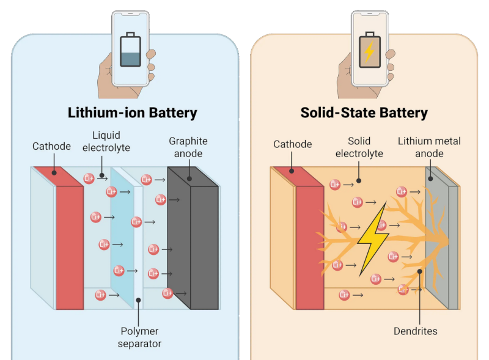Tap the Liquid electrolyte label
(106, 141)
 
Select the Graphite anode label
(188, 147)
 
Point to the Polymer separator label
(140, 337)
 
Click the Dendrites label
(416, 331)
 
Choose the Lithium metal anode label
(429, 147)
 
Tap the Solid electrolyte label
(359, 147)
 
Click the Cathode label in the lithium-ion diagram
(52, 147)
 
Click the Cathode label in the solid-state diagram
(292, 144)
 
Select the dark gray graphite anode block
(204, 244)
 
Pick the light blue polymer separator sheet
(127, 244)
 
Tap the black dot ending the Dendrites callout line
(419, 270)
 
